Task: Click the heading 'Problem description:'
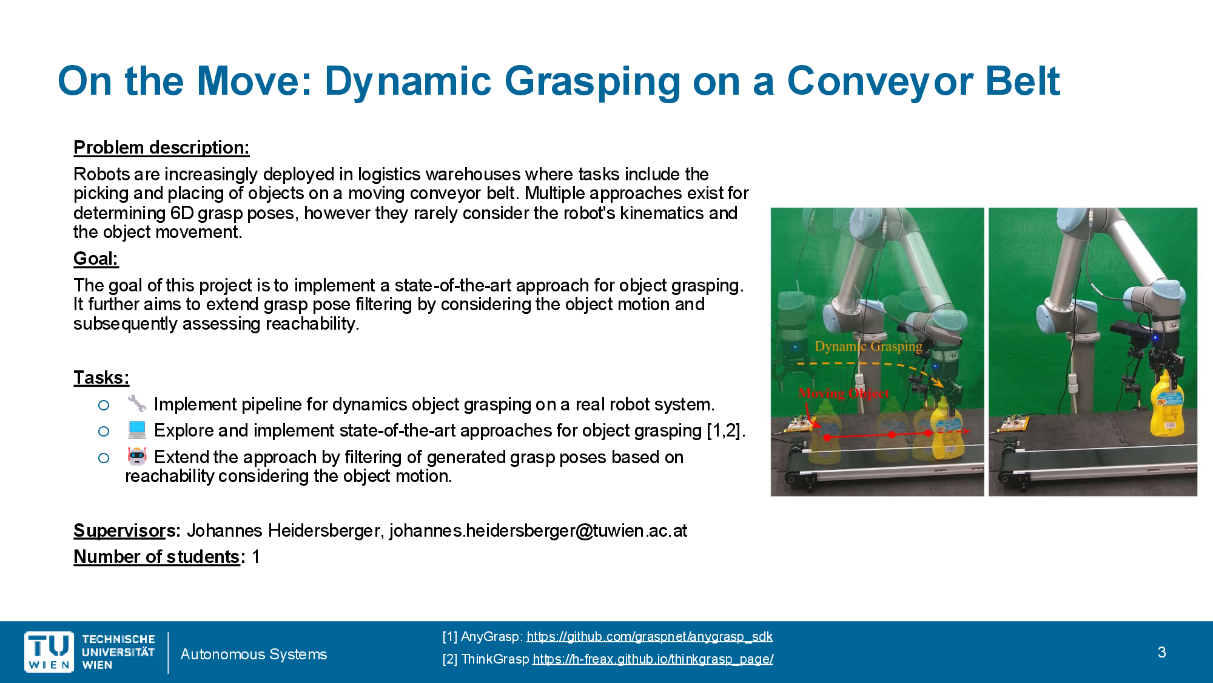161,148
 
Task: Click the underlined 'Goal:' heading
96,259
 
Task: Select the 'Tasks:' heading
101,378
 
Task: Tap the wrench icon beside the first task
136,403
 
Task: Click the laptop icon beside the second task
136,430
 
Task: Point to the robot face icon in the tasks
136,456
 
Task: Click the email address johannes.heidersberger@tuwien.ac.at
538,531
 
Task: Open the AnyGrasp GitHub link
650,636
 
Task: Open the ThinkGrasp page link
653,659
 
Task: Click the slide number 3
1161,652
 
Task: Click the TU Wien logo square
49,652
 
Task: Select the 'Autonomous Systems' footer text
254,654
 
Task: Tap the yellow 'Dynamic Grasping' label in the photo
869,346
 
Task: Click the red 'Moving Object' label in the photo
844,393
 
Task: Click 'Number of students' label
156,557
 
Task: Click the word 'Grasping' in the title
592,81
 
